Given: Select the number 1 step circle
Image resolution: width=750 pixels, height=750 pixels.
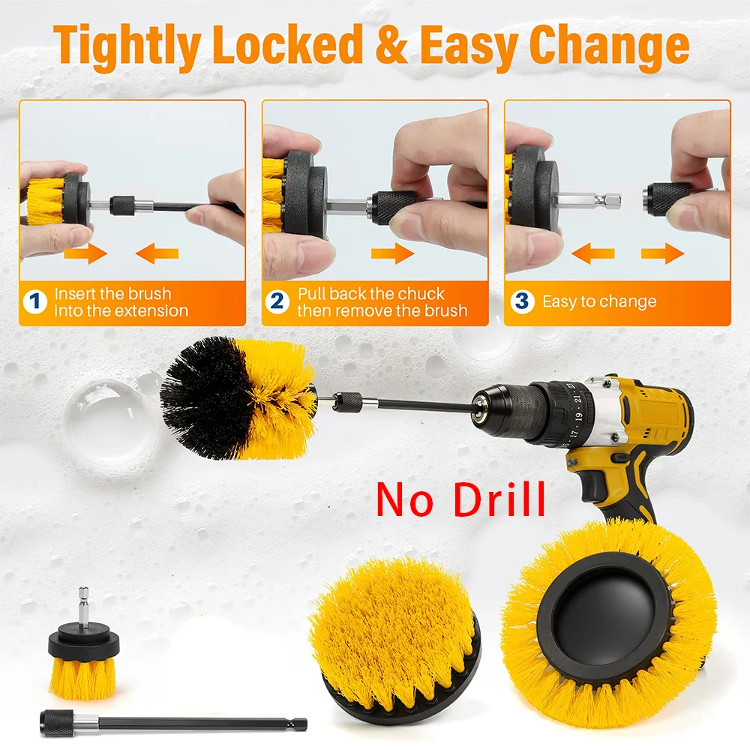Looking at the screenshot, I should (x=34, y=302).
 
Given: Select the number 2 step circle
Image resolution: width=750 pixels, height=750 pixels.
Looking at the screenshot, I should (x=277, y=302).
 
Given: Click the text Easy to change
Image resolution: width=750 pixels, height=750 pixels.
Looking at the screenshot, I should (x=598, y=302).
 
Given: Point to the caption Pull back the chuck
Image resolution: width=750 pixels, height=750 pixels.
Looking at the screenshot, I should (x=371, y=294).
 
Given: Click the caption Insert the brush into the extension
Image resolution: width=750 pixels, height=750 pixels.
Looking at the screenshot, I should (x=120, y=302).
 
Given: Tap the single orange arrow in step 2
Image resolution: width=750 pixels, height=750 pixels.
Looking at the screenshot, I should (x=393, y=254).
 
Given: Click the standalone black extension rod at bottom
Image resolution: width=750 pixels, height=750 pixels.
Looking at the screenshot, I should (x=172, y=723).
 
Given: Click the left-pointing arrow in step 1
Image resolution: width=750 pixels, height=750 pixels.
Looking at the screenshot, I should (x=157, y=254).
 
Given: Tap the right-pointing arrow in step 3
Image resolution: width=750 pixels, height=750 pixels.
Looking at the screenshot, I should (x=662, y=254).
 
